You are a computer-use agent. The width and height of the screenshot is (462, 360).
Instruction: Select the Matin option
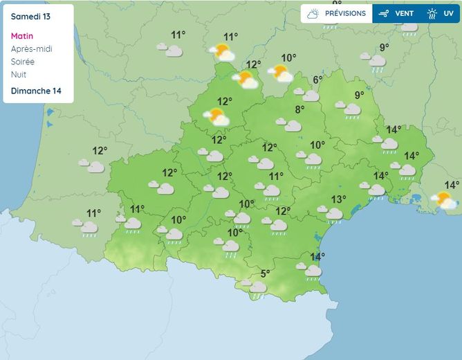23,36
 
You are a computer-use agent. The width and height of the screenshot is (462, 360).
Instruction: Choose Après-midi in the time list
32,48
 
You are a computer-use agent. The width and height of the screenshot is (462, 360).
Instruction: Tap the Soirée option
23,61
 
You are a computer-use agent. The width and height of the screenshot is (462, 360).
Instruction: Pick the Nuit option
19,74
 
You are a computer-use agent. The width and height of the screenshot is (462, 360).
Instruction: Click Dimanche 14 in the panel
35,91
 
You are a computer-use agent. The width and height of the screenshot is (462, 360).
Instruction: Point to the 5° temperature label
266,273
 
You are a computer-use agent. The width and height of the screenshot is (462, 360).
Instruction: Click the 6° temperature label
317,80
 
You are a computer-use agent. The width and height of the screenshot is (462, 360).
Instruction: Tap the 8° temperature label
300,109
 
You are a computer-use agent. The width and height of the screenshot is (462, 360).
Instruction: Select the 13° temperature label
338,199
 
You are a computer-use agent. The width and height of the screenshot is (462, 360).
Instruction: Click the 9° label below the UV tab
384,47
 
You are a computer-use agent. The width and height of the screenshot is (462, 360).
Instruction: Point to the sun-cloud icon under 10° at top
279,72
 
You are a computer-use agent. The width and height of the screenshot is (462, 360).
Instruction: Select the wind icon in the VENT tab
385,13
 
